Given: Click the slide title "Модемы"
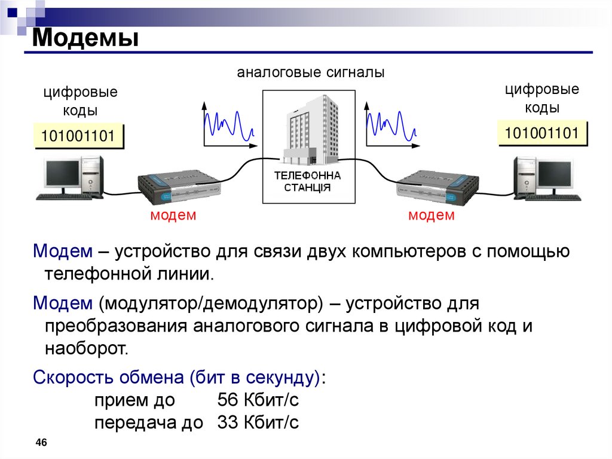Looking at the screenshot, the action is coord(85,38).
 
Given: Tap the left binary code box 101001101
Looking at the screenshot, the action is coord(78,136).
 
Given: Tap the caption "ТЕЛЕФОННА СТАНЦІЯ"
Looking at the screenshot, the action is coord(307,181).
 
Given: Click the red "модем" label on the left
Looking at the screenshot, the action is coord(173,215).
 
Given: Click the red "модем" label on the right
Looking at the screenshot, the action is coord(432,215).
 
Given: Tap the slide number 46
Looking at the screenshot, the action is coord(41,442).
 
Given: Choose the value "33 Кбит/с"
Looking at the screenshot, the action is coord(258,422).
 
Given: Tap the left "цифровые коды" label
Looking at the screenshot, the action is coord(79,102).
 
